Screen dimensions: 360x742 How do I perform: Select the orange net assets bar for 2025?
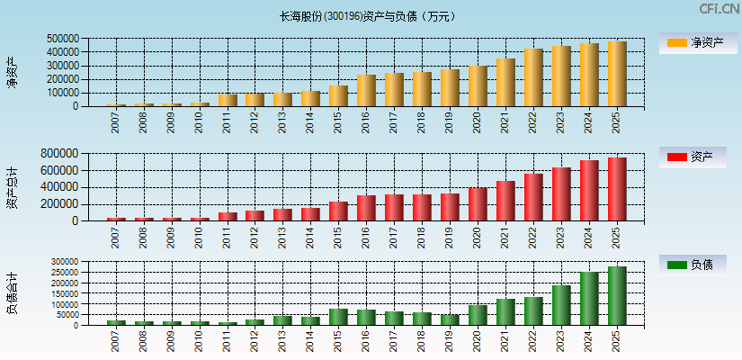tap(617, 74)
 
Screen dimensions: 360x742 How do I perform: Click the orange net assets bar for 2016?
tap(366, 91)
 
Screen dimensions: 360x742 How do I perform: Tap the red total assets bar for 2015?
tap(338, 211)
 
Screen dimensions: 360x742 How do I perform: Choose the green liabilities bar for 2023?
tap(561, 305)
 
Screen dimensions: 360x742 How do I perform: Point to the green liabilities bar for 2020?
tap(478, 315)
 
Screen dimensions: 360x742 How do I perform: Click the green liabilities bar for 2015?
tap(338, 317)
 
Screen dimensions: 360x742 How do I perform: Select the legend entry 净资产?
tap(693, 42)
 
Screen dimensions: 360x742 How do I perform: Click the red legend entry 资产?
tap(693, 157)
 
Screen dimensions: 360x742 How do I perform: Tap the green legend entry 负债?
tap(693, 265)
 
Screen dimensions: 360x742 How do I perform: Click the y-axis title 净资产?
tap(12, 72)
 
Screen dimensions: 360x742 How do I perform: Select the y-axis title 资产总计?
tap(12, 187)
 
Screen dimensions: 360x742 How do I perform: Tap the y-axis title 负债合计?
tap(12, 293)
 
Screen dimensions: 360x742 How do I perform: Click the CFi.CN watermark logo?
tap(719, 9)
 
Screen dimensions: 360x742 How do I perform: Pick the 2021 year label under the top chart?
tap(505, 121)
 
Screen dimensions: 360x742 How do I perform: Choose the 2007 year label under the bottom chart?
tap(116, 340)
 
